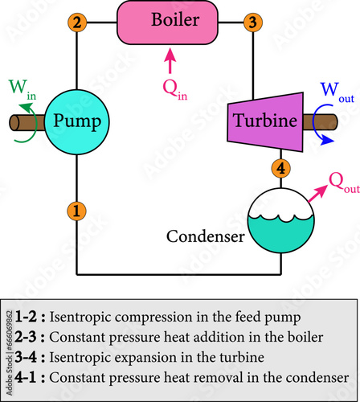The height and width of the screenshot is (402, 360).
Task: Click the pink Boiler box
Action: (x=169, y=22)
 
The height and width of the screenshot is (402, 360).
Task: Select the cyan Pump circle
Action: (x=76, y=121)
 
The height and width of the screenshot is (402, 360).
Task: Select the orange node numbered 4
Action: (x=280, y=168)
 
